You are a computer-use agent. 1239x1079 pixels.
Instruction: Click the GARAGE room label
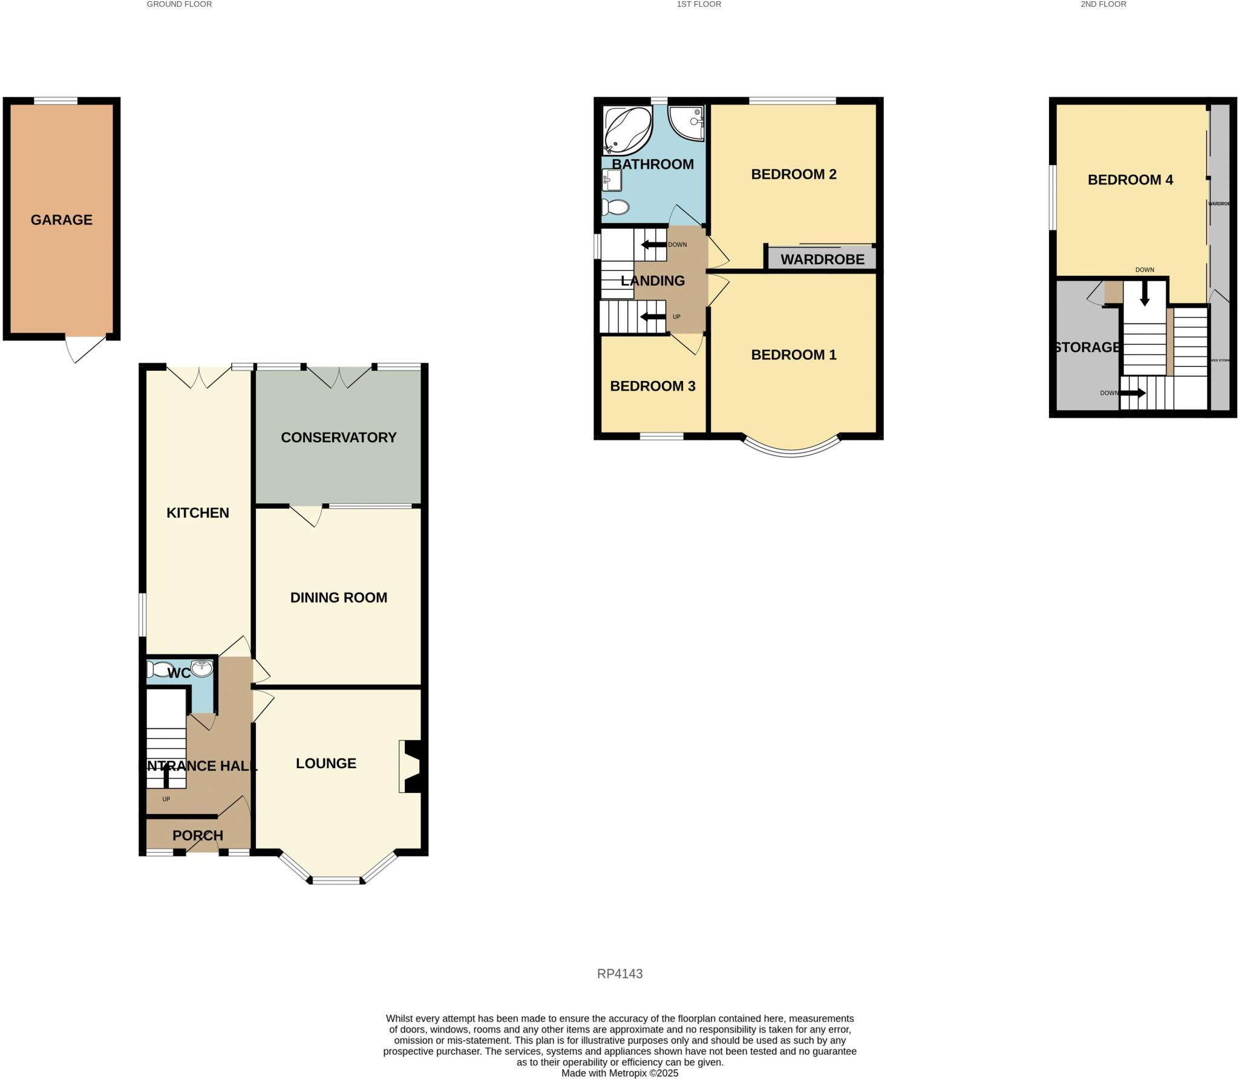(62, 220)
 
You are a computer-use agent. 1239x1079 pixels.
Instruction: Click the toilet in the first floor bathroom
(616, 207)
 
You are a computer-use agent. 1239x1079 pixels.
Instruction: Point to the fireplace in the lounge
(413, 766)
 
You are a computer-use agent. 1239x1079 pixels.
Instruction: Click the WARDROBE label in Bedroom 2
(822, 259)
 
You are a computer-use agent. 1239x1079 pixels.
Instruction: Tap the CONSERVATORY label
(338, 437)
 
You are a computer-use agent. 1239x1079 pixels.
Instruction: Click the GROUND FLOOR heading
(179, 4)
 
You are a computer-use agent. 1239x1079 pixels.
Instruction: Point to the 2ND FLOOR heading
(1103, 4)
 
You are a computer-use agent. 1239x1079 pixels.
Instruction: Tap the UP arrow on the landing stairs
(653, 317)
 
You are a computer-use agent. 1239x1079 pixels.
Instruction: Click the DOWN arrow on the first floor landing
(653, 245)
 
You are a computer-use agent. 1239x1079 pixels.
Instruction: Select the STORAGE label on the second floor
(1087, 347)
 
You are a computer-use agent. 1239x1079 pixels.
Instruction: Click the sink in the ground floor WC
(201, 668)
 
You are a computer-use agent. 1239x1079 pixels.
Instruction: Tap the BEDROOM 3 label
(652, 386)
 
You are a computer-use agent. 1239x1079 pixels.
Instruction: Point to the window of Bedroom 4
(1053, 198)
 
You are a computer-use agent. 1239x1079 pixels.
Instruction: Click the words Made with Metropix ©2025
(619, 1073)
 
